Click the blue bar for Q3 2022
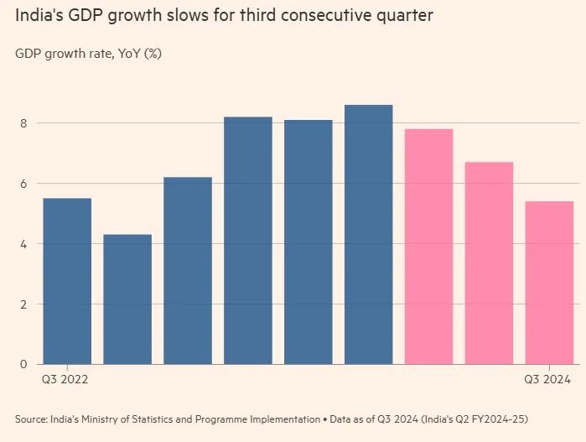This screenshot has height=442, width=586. [67, 281]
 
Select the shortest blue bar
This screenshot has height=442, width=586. [127, 299]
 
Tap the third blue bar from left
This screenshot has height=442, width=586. [188, 271]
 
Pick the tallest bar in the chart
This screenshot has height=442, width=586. [369, 235]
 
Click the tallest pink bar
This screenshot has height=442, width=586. [428, 247]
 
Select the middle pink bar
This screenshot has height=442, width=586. [489, 263]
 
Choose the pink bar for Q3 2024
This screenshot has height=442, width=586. [549, 283]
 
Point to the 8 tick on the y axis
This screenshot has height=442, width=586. [24, 123]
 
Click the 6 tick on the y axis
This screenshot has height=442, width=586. [24, 184]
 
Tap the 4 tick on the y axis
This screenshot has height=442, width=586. [24, 244]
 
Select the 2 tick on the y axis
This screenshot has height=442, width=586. [24, 304]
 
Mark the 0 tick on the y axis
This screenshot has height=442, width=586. [24, 364]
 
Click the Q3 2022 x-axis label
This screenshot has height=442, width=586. [65, 380]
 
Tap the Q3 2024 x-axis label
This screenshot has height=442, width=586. [548, 380]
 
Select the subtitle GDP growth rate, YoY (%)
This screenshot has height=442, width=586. [88, 54]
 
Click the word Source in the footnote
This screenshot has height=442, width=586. [30, 419]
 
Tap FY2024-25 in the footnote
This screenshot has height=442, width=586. [497, 419]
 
